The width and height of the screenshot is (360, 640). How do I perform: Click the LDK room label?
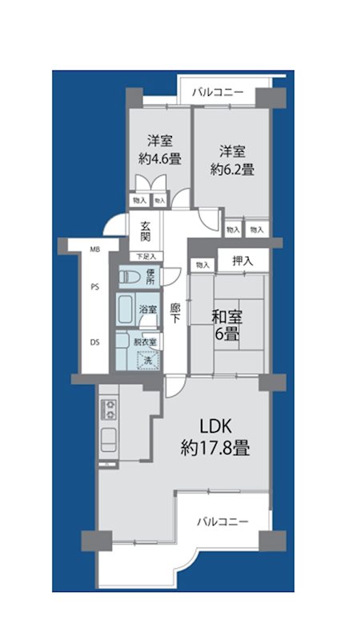tap(215, 427)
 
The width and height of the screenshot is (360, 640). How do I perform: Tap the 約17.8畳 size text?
tap(215, 449)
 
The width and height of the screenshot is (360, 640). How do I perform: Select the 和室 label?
tap(227, 317)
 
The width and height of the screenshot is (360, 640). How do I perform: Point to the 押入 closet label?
tap(243, 262)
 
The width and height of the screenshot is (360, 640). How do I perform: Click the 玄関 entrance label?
tap(146, 231)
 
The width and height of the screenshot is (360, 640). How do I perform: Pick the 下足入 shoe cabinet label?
tap(146, 256)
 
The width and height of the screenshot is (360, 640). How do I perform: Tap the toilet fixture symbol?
tap(130, 277)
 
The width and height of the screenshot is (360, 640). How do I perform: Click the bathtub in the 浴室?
tap(125, 310)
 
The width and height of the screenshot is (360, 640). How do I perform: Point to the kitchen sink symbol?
tap(109, 439)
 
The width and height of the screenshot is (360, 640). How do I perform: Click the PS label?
tap(94, 286)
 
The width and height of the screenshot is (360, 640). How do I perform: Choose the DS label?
tap(94, 342)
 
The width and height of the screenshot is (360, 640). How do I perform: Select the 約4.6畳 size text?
tap(159, 158)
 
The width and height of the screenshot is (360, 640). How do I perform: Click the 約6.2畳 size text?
tap(232, 169)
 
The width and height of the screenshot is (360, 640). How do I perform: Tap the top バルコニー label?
tap(218, 92)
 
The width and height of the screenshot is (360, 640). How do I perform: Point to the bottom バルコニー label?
tap(223, 522)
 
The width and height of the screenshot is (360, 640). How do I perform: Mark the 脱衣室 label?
tap(146, 342)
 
